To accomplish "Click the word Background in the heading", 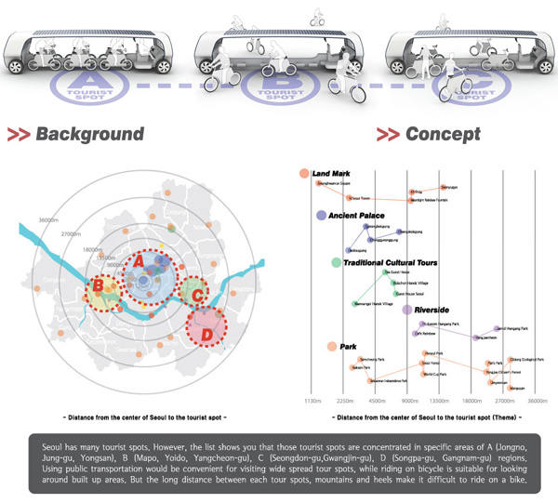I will click(89, 135).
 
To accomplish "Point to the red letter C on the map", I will click(196, 296).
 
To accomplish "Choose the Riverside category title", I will click(432, 309).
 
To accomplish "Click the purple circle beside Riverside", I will click(407, 309).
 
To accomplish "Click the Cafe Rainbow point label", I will click(425, 333).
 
